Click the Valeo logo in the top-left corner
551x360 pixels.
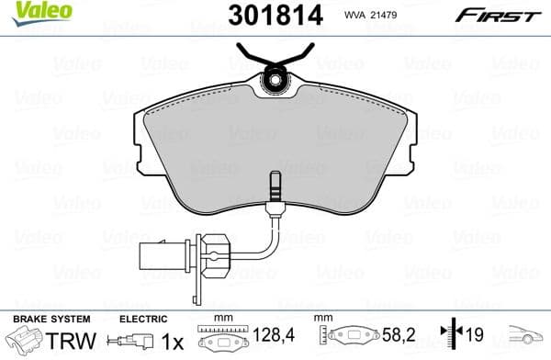(29, 9)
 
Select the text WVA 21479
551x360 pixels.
(369, 14)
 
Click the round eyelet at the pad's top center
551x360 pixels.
(275, 83)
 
